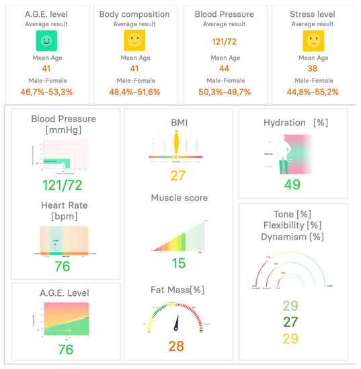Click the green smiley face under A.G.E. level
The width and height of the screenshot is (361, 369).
point(46,42)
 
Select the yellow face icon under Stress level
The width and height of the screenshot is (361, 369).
point(313,42)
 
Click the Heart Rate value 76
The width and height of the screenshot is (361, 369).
point(63,266)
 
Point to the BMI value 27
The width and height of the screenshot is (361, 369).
point(178,176)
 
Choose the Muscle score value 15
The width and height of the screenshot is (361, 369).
point(178,264)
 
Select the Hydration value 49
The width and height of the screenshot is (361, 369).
point(291,184)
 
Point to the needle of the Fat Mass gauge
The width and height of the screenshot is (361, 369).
point(177,323)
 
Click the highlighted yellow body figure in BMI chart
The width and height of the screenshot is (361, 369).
point(177,143)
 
